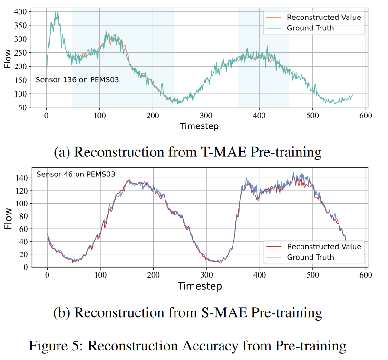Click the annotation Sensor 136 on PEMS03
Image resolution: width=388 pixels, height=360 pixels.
(77, 80)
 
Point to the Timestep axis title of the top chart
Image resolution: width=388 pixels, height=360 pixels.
(199, 126)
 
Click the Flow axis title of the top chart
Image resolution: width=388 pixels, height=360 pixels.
(7, 59)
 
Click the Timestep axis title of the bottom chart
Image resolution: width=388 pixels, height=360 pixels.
(199, 286)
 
